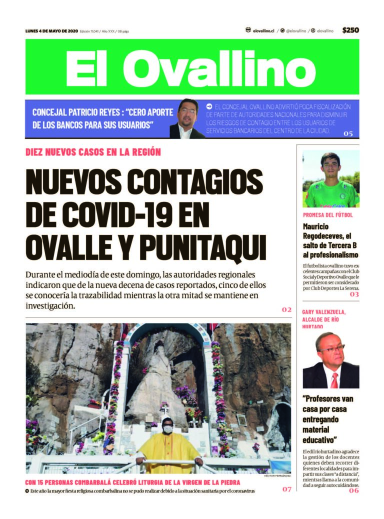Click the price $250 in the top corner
coord(350,30)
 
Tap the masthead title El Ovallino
coord(191,68)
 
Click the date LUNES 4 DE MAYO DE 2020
coord(51,31)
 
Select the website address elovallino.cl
coord(263,31)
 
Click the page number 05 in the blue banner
coord(348,133)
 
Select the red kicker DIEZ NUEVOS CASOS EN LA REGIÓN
coord(93,152)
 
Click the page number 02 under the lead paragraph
coord(286,309)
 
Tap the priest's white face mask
coord(168,429)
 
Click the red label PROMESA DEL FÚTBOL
coord(328,214)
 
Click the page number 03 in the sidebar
coord(354,294)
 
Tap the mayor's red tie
coord(334,380)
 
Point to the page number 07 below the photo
coord(286,489)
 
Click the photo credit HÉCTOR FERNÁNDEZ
coord(276,476)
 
